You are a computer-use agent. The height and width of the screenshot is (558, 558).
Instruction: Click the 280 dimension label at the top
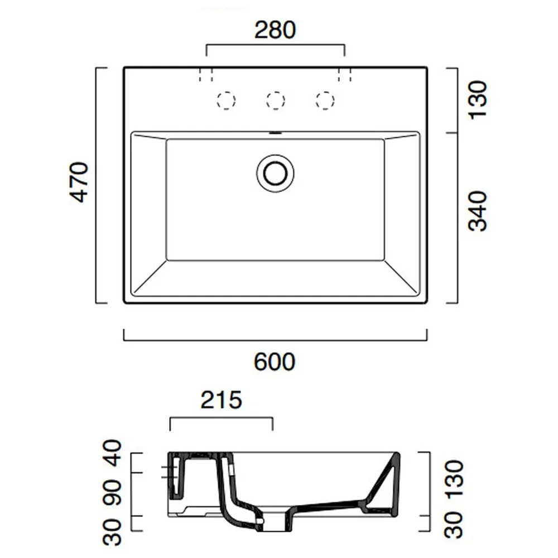click(x=275, y=30)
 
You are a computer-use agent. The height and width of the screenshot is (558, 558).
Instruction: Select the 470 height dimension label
click(x=79, y=182)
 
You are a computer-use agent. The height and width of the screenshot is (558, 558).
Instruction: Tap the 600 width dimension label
click(x=275, y=362)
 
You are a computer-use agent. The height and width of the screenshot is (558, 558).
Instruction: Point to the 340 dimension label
click(x=477, y=211)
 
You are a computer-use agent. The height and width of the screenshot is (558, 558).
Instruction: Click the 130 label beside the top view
click(x=477, y=100)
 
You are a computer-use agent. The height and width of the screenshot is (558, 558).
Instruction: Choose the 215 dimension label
click(x=222, y=400)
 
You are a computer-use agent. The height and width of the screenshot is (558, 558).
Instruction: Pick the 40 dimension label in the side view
click(x=112, y=453)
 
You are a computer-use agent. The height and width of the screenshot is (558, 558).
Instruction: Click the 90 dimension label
click(x=112, y=493)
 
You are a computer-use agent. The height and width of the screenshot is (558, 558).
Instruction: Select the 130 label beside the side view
click(x=454, y=479)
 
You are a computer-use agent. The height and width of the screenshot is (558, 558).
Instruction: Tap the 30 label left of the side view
click(x=112, y=532)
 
